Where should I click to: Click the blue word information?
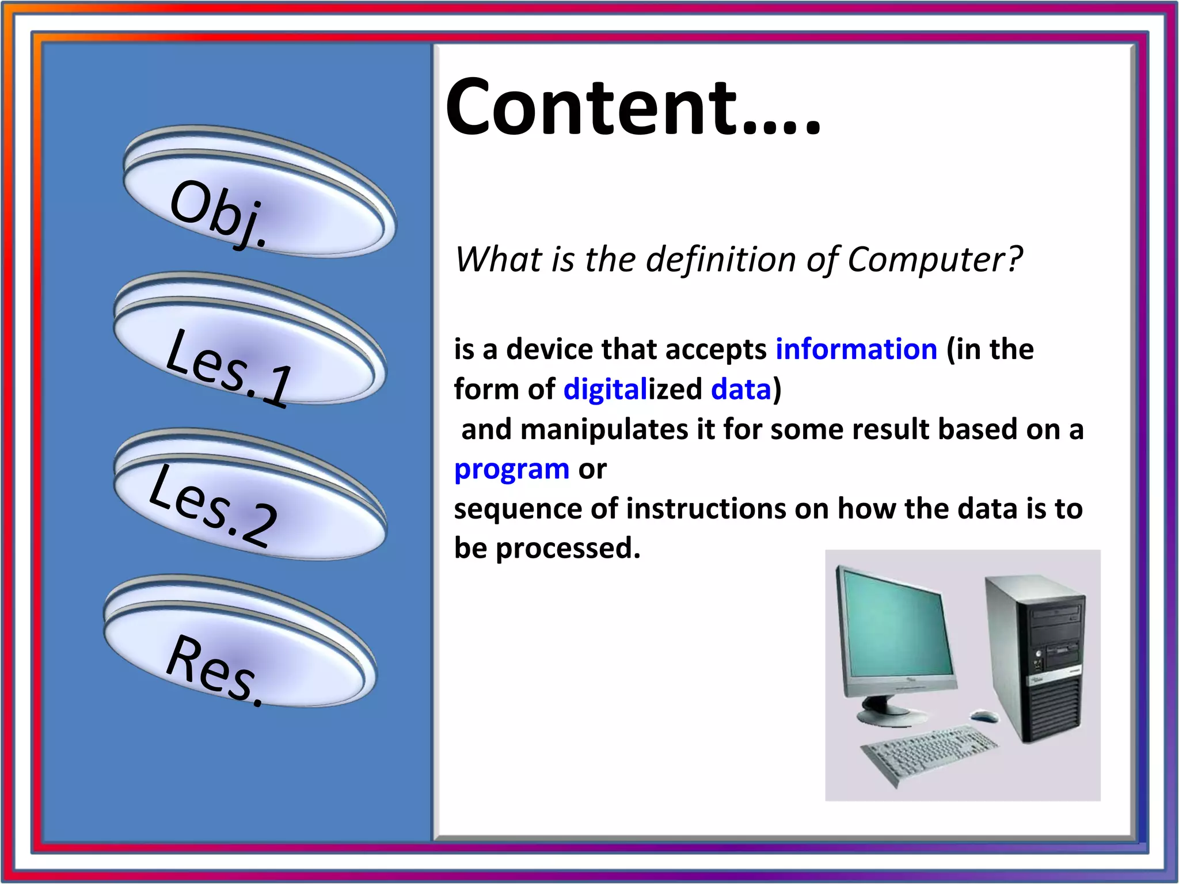tap(857, 349)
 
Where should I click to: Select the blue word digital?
tap(605, 390)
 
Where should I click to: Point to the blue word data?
tap(741, 390)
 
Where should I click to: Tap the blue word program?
tap(511, 469)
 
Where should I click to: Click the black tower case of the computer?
tap(1036, 662)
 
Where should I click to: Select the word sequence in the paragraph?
tap(518, 509)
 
